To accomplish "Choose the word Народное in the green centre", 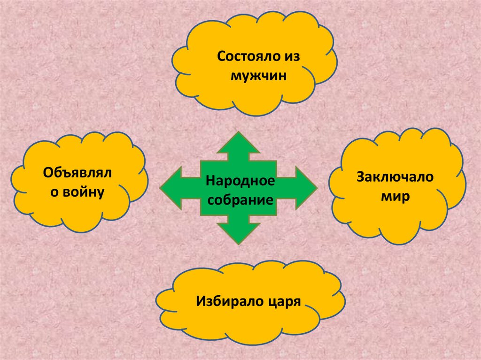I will pos(240,181).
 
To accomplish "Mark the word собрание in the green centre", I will pos(240,200).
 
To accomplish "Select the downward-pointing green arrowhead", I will pos(239,232).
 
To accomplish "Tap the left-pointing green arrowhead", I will pos(171,189).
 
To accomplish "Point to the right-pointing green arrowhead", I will pos(305,189).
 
